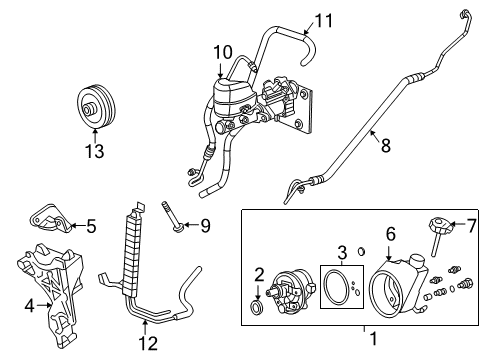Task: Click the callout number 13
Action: [95, 151]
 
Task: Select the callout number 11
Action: [321, 19]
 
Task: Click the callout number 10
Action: [221, 51]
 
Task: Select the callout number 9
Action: [205, 225]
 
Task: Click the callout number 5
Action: [90, 227]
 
